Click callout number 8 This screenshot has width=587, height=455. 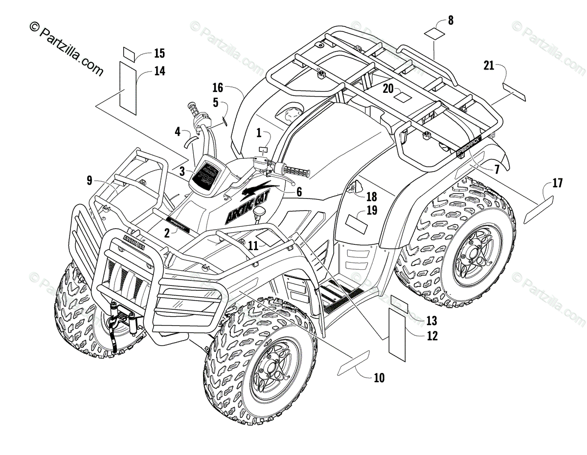(451, 21)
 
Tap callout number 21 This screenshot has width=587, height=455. (488, 65)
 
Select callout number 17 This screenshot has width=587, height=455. (557, 184)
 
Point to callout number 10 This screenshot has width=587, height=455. (379, 377)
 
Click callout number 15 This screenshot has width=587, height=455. (159, 53)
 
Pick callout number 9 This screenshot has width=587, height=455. (89, 180)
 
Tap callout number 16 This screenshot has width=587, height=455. (218, 88)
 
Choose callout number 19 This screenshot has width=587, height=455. (372, 211)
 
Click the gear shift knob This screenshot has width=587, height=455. (259, 212)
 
